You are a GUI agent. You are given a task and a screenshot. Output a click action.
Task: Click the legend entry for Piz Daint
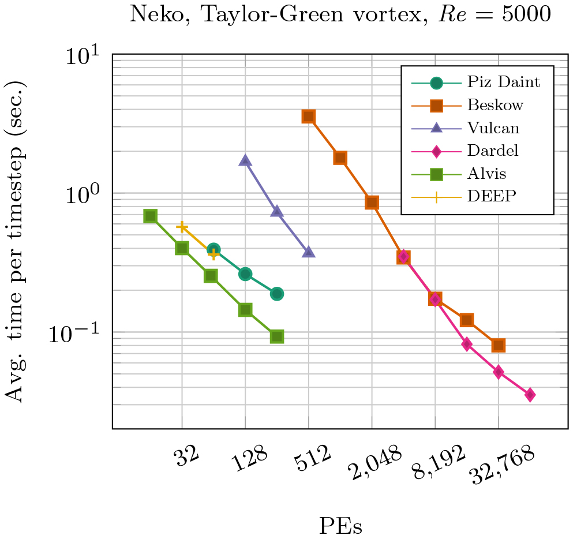[x=503, y=83]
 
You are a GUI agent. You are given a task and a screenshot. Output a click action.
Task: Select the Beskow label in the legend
[x=496, y=105]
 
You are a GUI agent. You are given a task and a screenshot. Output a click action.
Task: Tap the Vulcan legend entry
[x=494, y=128]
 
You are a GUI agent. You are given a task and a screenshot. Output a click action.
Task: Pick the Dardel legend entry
[x=493, y=151]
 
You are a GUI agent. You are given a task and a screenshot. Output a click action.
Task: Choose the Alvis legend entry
[x=488, y=173]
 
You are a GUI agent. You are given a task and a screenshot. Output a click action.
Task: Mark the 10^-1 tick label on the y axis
[x=80, y=335]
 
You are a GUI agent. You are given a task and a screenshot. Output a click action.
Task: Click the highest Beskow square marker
[x=309, y=117]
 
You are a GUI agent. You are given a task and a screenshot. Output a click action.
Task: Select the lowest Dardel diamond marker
[x=530, y=395]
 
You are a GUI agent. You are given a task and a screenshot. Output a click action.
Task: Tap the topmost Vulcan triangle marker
[x=245, y=160]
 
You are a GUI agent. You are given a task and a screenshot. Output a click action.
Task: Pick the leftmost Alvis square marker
[x=150, y=216]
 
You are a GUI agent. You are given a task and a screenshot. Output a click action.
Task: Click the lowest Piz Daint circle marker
[x=277, y=294]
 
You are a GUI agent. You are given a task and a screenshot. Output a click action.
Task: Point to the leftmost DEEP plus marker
[x=182, y=227]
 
